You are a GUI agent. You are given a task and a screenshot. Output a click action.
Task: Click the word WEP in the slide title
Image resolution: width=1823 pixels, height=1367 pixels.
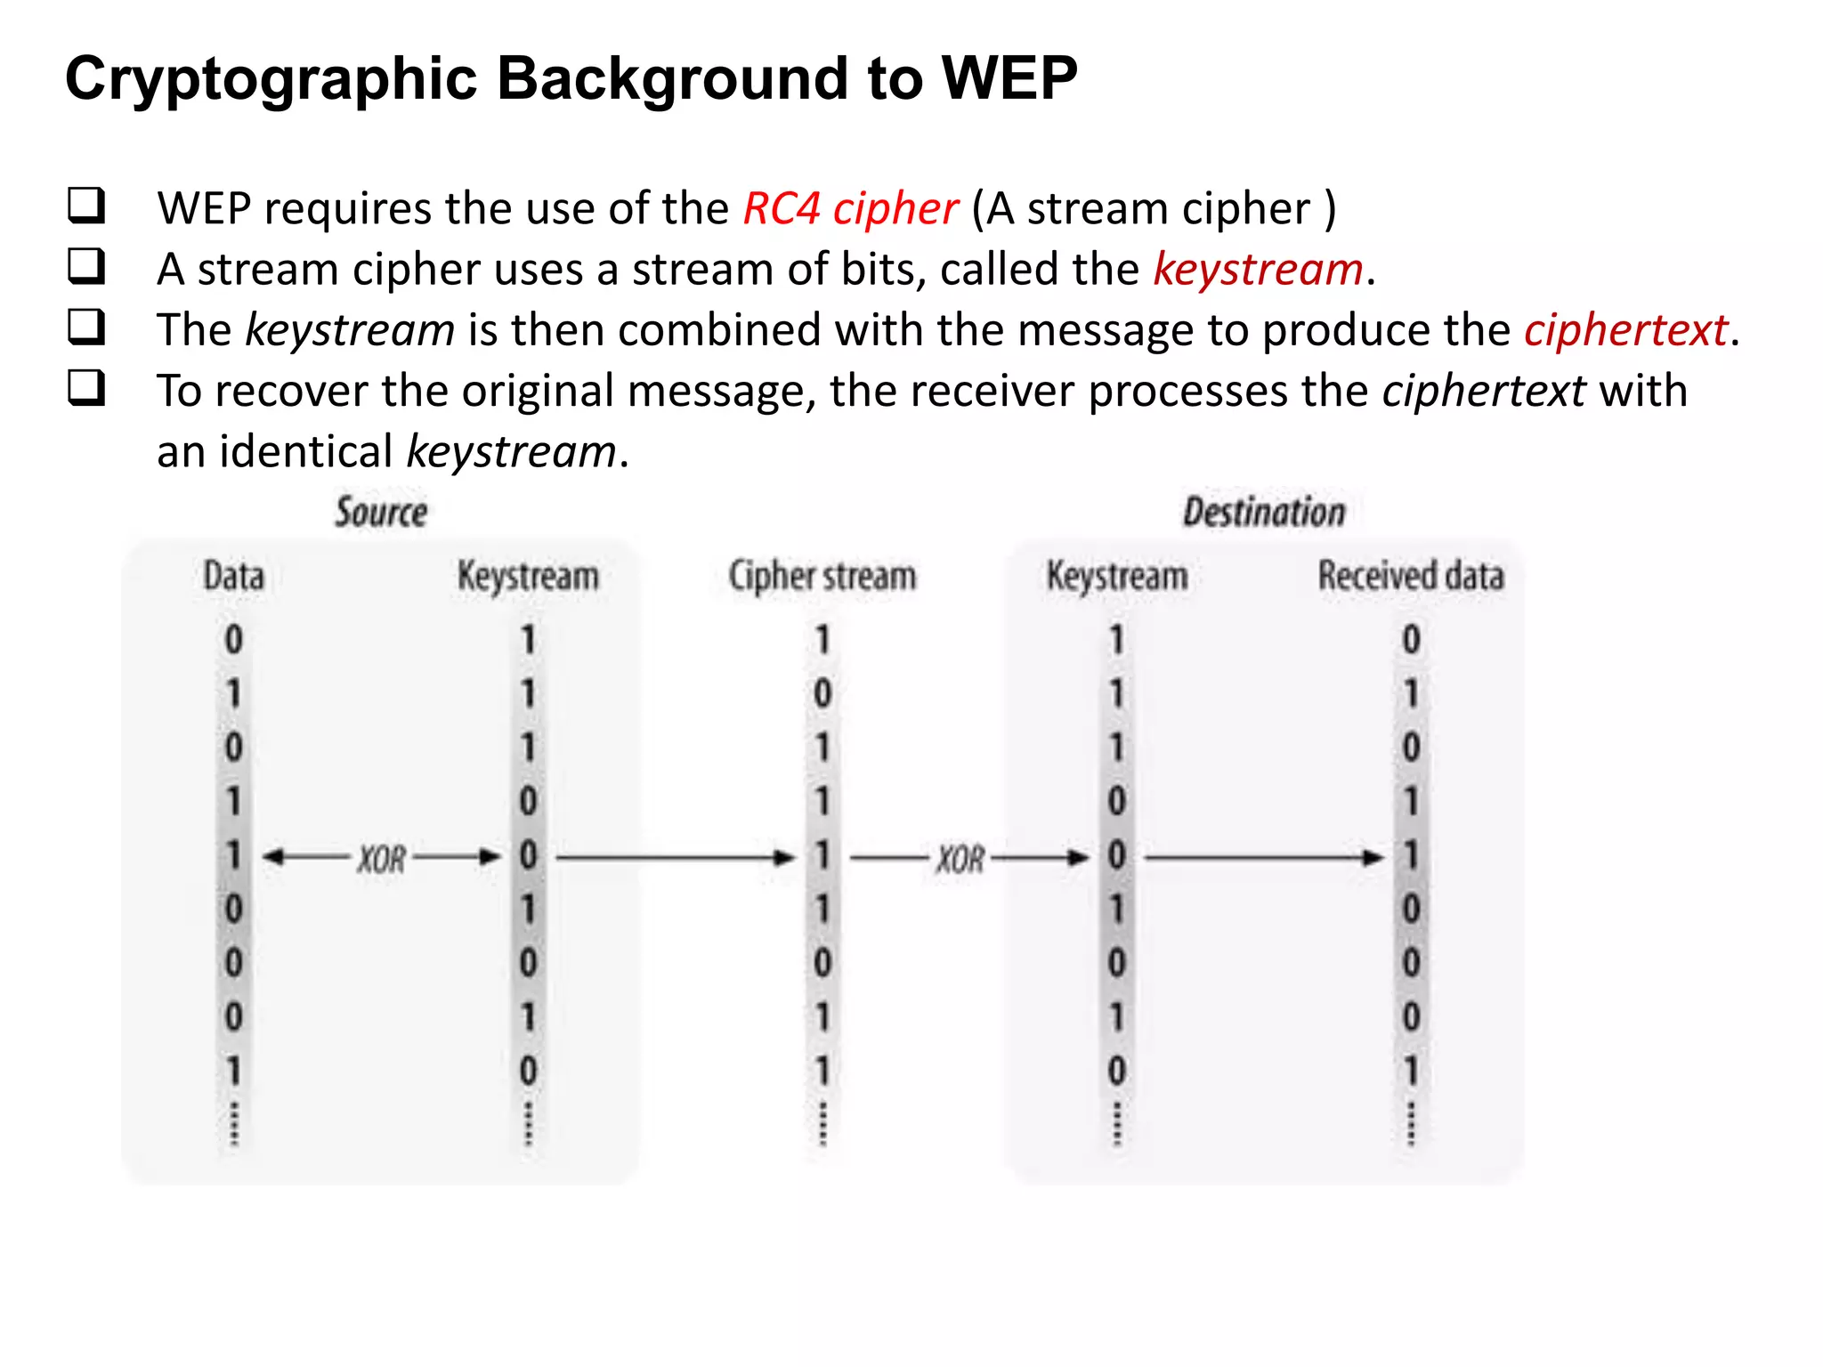[1009, 78]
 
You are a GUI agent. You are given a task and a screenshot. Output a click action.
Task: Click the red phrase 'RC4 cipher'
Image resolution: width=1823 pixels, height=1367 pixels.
[850, 209]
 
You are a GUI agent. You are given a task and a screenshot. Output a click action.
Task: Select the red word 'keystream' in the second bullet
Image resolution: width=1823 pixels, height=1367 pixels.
[1258, 270]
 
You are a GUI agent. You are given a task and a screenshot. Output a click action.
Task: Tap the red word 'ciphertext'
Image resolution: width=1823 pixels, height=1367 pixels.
[1625, 330]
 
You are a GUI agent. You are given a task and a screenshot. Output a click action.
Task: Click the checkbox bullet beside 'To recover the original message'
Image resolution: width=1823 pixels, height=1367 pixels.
[86, 388]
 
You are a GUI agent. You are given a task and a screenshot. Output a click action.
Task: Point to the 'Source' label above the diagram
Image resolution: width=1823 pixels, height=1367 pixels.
[381, 513]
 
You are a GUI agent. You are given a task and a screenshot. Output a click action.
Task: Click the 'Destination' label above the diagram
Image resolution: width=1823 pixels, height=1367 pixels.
[1264, 513]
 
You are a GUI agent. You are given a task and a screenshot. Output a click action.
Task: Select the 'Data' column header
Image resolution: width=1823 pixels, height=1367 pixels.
[233, 576]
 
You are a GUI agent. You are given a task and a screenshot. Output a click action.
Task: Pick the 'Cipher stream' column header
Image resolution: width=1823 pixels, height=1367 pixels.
[822, 576]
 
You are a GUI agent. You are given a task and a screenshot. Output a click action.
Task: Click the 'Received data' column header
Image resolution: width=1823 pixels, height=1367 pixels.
[1411, 576]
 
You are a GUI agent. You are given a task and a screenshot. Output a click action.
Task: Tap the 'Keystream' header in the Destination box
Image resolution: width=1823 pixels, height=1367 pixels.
[1116, 576]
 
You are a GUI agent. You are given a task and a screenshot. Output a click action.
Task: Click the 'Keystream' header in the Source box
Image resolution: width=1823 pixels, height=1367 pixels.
[528, 576]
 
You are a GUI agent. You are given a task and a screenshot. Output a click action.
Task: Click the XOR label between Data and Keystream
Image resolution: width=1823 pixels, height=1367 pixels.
[382, 859]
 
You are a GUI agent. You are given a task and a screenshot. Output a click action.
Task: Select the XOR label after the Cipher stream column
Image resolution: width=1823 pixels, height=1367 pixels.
[960, 859]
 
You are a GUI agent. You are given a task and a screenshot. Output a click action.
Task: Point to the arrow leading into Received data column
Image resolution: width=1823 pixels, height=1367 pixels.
[1264, 858]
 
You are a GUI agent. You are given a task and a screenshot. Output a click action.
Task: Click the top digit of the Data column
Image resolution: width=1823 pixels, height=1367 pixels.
[233, 640]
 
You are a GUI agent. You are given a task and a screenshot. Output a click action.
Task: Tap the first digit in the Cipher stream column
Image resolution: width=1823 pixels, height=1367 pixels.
[822, 640]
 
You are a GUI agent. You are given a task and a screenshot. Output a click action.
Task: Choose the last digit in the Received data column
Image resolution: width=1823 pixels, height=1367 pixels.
[1411, 1071]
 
